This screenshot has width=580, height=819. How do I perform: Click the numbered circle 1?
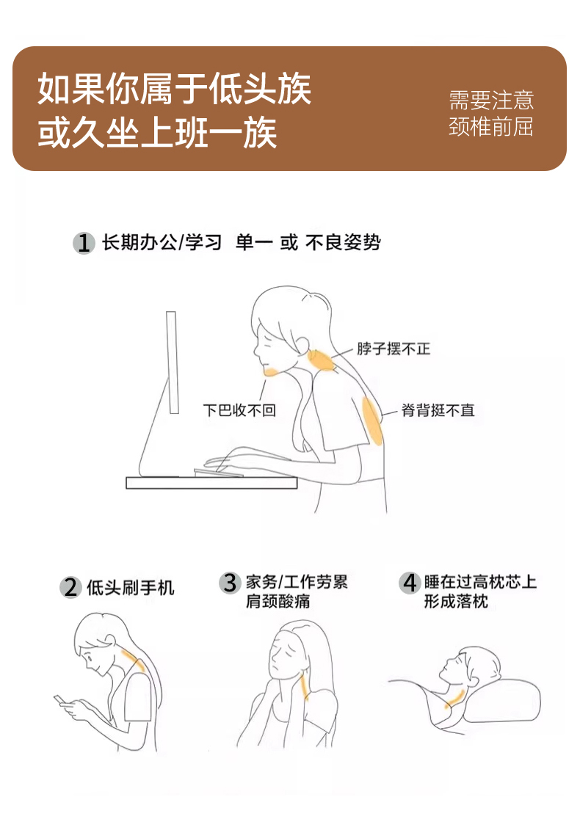[x=83, y=243]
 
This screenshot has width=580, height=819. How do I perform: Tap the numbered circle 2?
[x=70, y=587]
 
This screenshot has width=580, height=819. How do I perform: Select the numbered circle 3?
[x=229, y=583]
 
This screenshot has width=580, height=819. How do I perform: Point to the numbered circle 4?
[x=409, y=583]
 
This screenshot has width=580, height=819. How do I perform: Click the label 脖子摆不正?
[x=394, y=349]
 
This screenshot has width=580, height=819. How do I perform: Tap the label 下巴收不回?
[x=239, y=410]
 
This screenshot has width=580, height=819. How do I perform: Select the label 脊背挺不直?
[x=438, y=410]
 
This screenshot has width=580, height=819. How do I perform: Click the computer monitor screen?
[x=173, y=362]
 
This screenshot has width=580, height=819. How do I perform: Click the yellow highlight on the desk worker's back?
[x=372, y=421]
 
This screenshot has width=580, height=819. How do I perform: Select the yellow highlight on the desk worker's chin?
[x=272, y=371]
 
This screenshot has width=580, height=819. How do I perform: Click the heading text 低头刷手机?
[x=131, y=588]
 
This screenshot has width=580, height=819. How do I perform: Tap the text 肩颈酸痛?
[x=278, y=601]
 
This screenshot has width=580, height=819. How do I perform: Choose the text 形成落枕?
[x=456, y=601]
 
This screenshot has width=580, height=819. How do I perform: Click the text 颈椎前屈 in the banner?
[x=490, y=126]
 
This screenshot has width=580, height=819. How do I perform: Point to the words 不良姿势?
[x=343, y=242]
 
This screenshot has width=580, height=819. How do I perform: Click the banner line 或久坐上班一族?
[x=157, y=133]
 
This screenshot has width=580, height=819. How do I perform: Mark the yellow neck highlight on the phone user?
[x=133, y=659]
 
